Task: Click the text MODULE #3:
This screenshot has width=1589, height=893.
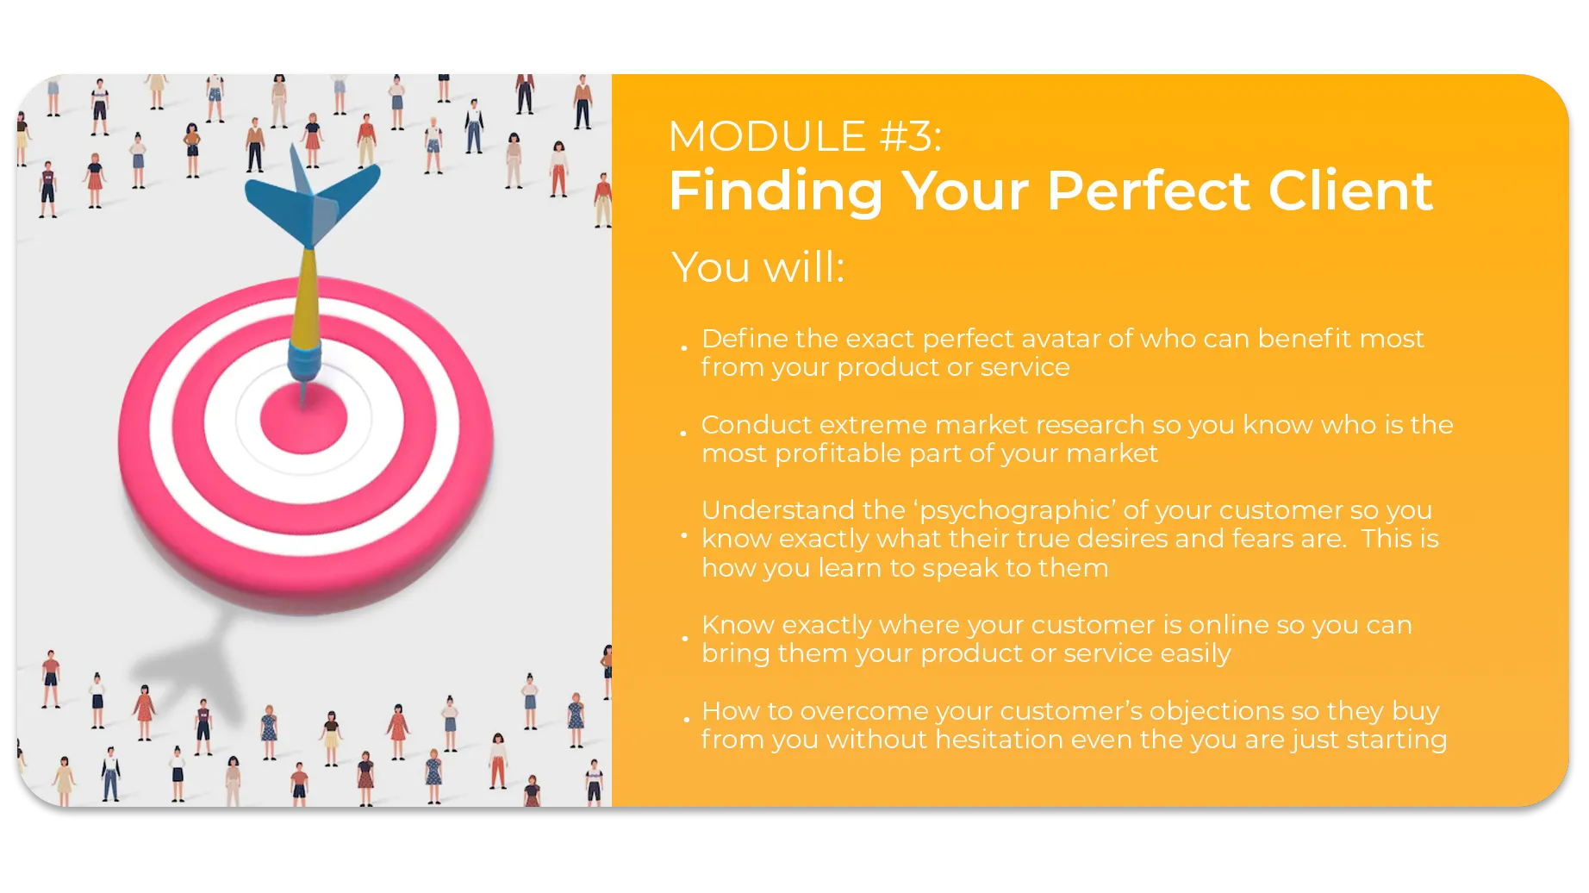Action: point(805,136)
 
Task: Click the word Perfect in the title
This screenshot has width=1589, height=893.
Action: point(1149,190)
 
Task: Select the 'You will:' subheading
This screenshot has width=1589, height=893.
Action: point(757,266)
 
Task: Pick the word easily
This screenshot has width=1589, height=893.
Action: point(1195,654)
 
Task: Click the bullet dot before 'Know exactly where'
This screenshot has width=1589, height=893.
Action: point(685,639)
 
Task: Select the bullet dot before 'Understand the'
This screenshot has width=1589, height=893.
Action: point(684,535)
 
